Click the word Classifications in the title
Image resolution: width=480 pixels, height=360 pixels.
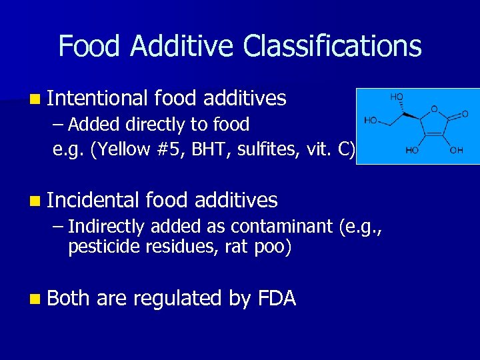[x=333, y=47]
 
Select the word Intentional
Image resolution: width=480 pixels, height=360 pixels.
[x=97, y=99]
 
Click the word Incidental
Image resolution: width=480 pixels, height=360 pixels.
[x=93, y=200]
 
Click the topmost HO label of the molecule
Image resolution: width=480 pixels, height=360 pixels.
[x=396, y=97]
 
